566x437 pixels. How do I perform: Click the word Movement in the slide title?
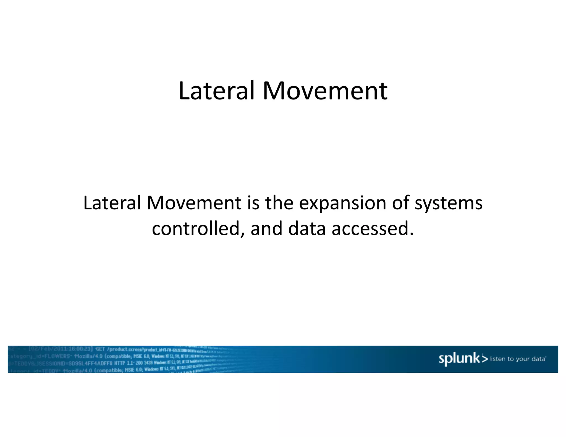coord(325,91)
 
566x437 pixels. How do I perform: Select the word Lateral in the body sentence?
coord(112,203)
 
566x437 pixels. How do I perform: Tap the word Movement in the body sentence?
coord(194,203)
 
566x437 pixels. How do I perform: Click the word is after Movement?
coord(253,203)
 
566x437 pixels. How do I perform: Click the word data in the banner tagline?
coord(538,359)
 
